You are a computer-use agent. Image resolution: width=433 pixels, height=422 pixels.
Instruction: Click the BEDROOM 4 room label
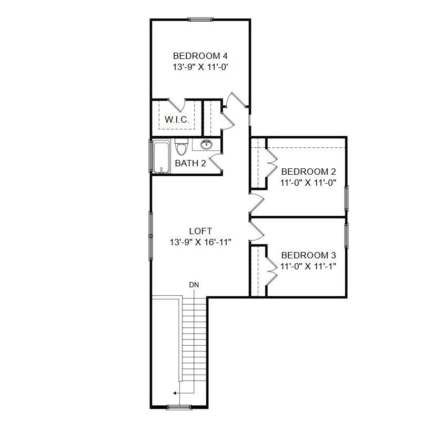[x=200, y=56]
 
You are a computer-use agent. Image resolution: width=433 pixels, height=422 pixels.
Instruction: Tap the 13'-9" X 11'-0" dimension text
[x=200, y=67]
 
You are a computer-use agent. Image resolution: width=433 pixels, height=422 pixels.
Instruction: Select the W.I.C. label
[x=177, y=120]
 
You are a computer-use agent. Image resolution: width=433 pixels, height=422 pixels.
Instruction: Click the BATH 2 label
[x=190, y=163]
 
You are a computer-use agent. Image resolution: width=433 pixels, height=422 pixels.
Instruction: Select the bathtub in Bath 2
[x=160, y=156]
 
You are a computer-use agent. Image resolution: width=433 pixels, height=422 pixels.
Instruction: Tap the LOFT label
[x=200, y=231]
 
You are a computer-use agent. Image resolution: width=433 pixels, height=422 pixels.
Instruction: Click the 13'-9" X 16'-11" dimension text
[x=200, y=242]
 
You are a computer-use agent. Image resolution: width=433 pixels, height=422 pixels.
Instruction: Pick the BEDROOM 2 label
[x=308, y=172]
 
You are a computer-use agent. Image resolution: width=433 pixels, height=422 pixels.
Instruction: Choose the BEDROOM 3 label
[x=308, y=255]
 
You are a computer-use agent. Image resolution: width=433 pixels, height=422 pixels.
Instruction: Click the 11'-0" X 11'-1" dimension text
[x=308, y=266]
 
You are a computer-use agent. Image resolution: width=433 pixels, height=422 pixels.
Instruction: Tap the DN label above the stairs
[x=194, y=285]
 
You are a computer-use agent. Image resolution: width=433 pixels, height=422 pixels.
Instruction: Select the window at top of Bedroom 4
[x=200, y=20]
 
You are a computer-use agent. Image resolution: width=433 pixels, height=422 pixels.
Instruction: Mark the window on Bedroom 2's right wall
[x=346, y=198]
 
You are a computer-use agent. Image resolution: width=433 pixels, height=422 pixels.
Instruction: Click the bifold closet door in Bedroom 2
[x=272, y=164]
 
